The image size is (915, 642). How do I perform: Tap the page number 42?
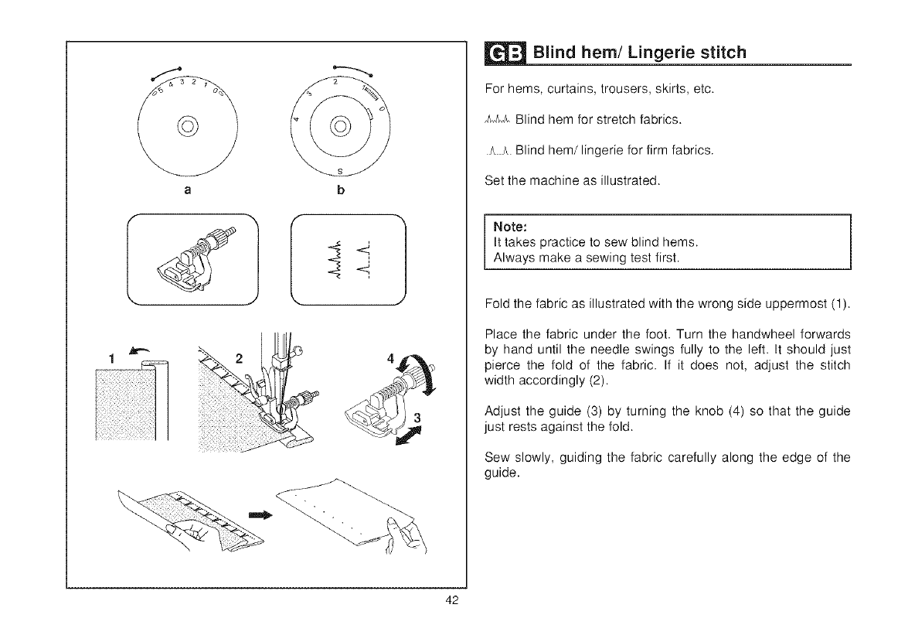click(x=454, y=604)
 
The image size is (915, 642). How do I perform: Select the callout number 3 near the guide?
click(x=418, y=418)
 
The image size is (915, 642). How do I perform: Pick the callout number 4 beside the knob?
click(x=390, y=360)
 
